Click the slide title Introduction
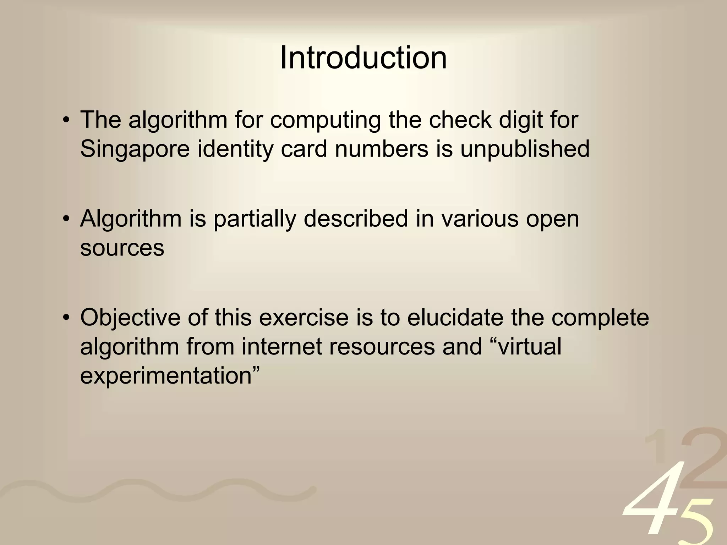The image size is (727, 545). point(363,58)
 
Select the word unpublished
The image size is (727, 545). point(525,149)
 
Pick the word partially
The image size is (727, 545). point(255,219)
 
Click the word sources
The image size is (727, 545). point(122,248)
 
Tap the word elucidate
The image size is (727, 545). point(455,317)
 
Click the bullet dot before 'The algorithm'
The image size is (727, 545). point(65,121)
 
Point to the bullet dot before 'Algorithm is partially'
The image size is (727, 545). point(65,219)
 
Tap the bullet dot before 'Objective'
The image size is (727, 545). point(65,318)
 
